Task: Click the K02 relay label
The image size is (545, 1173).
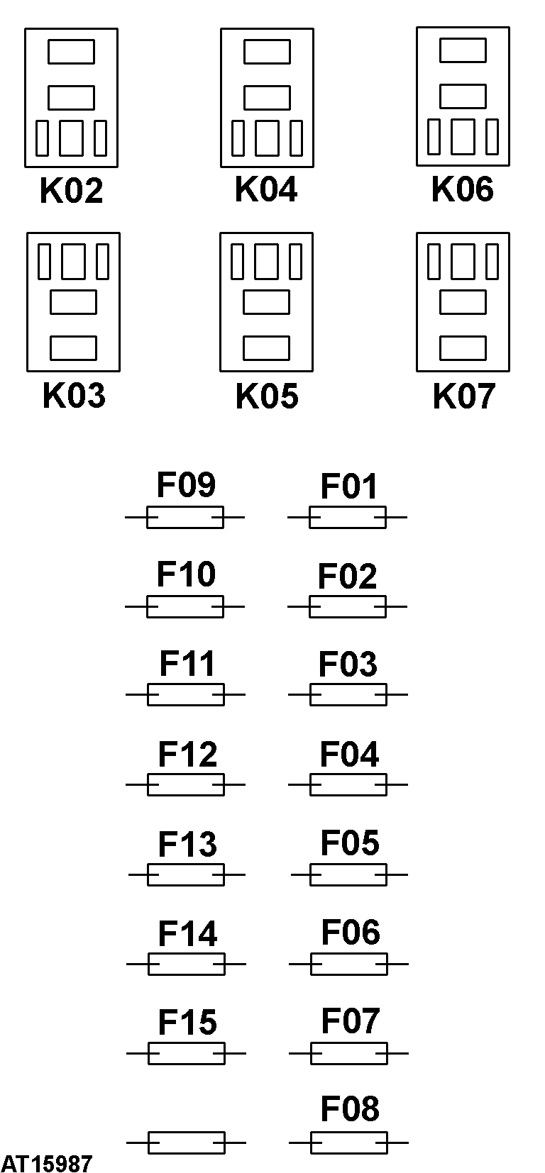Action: pyautogui.click(x=71, y=191)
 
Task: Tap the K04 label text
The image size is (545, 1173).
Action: pyautogui.click(x=266, y=189)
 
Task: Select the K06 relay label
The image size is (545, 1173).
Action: pyautogui.click(x=462, y=189)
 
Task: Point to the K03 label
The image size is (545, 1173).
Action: pyautogui.click(x=74, y=395)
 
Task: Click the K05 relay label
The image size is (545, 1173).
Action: pyautogui.click(x=268, y=396)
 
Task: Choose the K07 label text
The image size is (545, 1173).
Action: pyautogui.click(x=464, y=396)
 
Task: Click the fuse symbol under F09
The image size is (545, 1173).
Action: pyautogui.click(x=185, y=518)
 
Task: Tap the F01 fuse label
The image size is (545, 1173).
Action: pyautogui.click(x=349, y=487)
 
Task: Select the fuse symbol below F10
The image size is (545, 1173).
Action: pyautogui.click(x=185, y=607)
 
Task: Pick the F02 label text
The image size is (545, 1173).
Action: pyautogui.click(x=348, y=577)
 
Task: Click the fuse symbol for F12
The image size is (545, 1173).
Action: pyautogui.click(x=185, y=785)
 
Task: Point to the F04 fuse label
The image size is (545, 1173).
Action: pyautogui.click(x=350, y=755)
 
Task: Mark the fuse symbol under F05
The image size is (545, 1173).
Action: pyautogui.click(x=349, y=875)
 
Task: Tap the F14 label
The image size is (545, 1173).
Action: pyautogui.click(x=187, y=934)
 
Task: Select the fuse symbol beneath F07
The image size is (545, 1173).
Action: pyautogui.click(x=348, y=1054)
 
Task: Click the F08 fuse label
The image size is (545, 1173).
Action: pyautogui.click(x=350, y=1108)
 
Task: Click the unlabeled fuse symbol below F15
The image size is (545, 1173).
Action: pyautogui.click(x=186, y=1143)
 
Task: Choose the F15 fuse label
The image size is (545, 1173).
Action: pyautogui.click(x=187, y=1022)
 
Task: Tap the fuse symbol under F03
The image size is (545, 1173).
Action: pyautogui.click(x=348, y=695)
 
